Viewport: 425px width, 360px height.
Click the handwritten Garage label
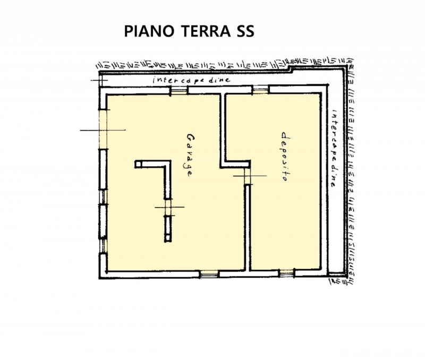click(188, 154)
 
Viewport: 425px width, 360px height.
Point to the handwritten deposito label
click(284, 157)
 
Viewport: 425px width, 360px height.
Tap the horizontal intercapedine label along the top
click(191, 80)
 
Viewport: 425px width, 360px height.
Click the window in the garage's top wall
click(178, 91)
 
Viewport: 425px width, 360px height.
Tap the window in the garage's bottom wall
click(209, 274)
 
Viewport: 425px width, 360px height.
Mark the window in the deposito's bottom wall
click(287, 274)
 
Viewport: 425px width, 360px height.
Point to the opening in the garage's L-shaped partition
click(168, 207)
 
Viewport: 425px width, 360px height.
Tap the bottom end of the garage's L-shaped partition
click(168, 241)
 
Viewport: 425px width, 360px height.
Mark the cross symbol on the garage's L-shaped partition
click(168, 207)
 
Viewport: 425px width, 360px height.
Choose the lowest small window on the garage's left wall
click(104, 245)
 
